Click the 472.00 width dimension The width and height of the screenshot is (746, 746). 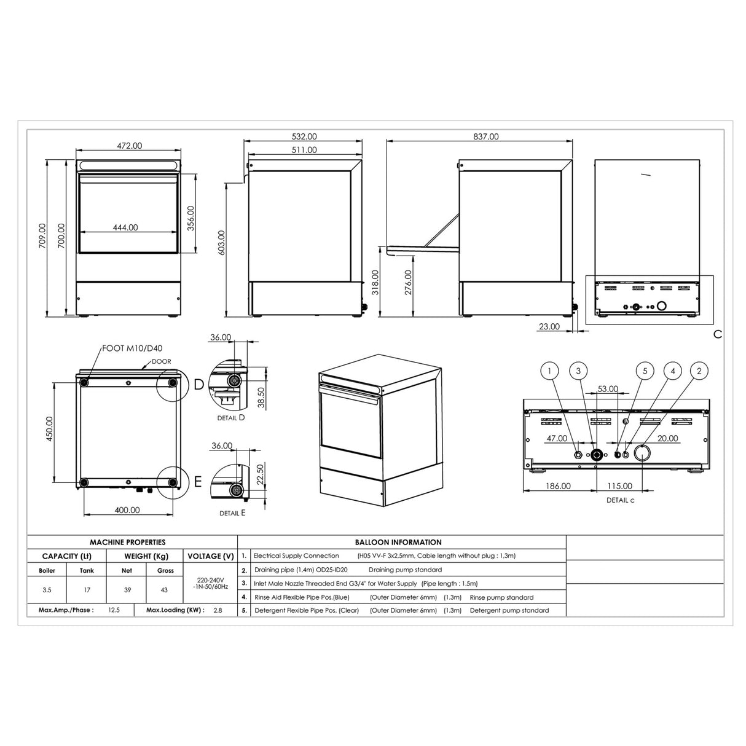click(x=129, y=146)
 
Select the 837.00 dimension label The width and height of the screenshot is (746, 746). click(x=485, y=137)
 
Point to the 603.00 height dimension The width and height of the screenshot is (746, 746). click(x=221, y=242)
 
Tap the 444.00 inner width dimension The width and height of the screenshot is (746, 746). click(x=125, y=227)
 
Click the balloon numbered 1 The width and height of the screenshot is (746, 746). click(x=549, y=371)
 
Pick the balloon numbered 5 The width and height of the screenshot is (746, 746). click(x=645, y=371)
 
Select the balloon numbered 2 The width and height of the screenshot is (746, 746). click(x=699, y=371)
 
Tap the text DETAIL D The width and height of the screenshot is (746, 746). click(x=231, y=418)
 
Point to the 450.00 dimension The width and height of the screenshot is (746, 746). click(x=50, y=428)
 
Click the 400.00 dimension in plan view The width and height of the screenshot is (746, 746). click(x=127, y=510)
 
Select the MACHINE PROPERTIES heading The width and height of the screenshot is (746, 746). click(x=128, y=542)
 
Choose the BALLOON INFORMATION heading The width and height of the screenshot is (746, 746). click(x=398, y=542)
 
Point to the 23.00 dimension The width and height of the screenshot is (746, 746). click(x=549, y=327)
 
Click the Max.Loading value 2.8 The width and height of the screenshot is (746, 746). click(x=218, y=610)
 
